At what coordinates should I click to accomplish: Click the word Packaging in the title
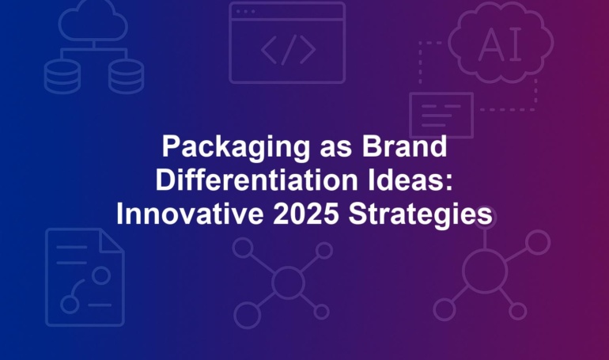[236, 148]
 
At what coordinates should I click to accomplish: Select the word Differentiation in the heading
[256, 180]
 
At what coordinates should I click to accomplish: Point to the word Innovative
[190, 214]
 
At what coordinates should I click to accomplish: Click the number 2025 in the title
[305, 214]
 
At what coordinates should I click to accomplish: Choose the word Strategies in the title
[420, 215]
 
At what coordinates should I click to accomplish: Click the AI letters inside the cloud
[500, 45]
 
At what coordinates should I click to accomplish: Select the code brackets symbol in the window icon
[288, 50]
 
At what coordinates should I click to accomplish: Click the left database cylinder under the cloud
[62, 77]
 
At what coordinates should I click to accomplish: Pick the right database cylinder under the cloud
[127, 77]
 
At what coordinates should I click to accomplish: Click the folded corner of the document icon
[112, 241]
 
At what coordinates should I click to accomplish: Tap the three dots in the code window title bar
[245, 12]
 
